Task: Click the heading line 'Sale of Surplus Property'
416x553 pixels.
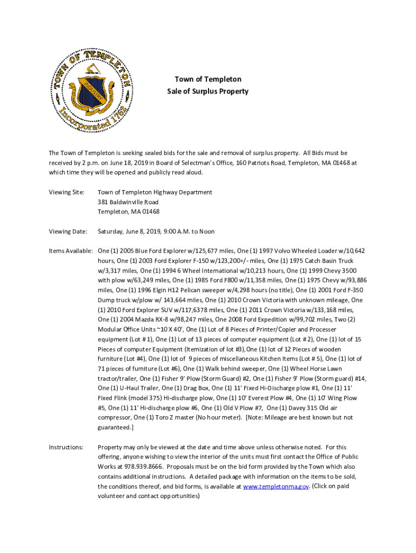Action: (x=207, y=91)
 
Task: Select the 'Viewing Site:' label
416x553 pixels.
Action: (x=67, y=192)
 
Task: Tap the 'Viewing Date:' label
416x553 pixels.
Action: (x=68, y=232)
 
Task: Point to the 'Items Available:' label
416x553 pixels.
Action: (x=71, y=251)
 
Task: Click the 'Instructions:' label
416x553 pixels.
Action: (x=66, y=447)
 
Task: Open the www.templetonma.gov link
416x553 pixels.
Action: (x=276, y=486)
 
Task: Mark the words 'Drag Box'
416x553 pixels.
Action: (x=200, y=388)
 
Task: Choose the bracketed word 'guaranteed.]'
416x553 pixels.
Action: (x=116, y=427)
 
